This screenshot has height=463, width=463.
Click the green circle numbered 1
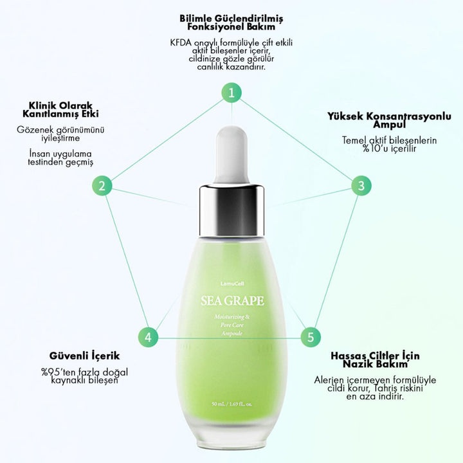(232, 92)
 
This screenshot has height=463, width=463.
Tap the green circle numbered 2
(102, 186)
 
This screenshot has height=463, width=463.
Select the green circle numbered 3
(361, 186)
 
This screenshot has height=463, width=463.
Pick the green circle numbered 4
(148, 337)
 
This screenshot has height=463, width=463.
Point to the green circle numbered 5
(311, 337)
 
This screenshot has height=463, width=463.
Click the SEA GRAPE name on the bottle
(232, 300)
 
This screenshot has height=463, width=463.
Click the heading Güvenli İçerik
(84, 355)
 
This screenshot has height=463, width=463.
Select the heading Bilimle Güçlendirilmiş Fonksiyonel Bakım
(232, 22)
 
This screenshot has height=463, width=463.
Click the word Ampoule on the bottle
(232, 334)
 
